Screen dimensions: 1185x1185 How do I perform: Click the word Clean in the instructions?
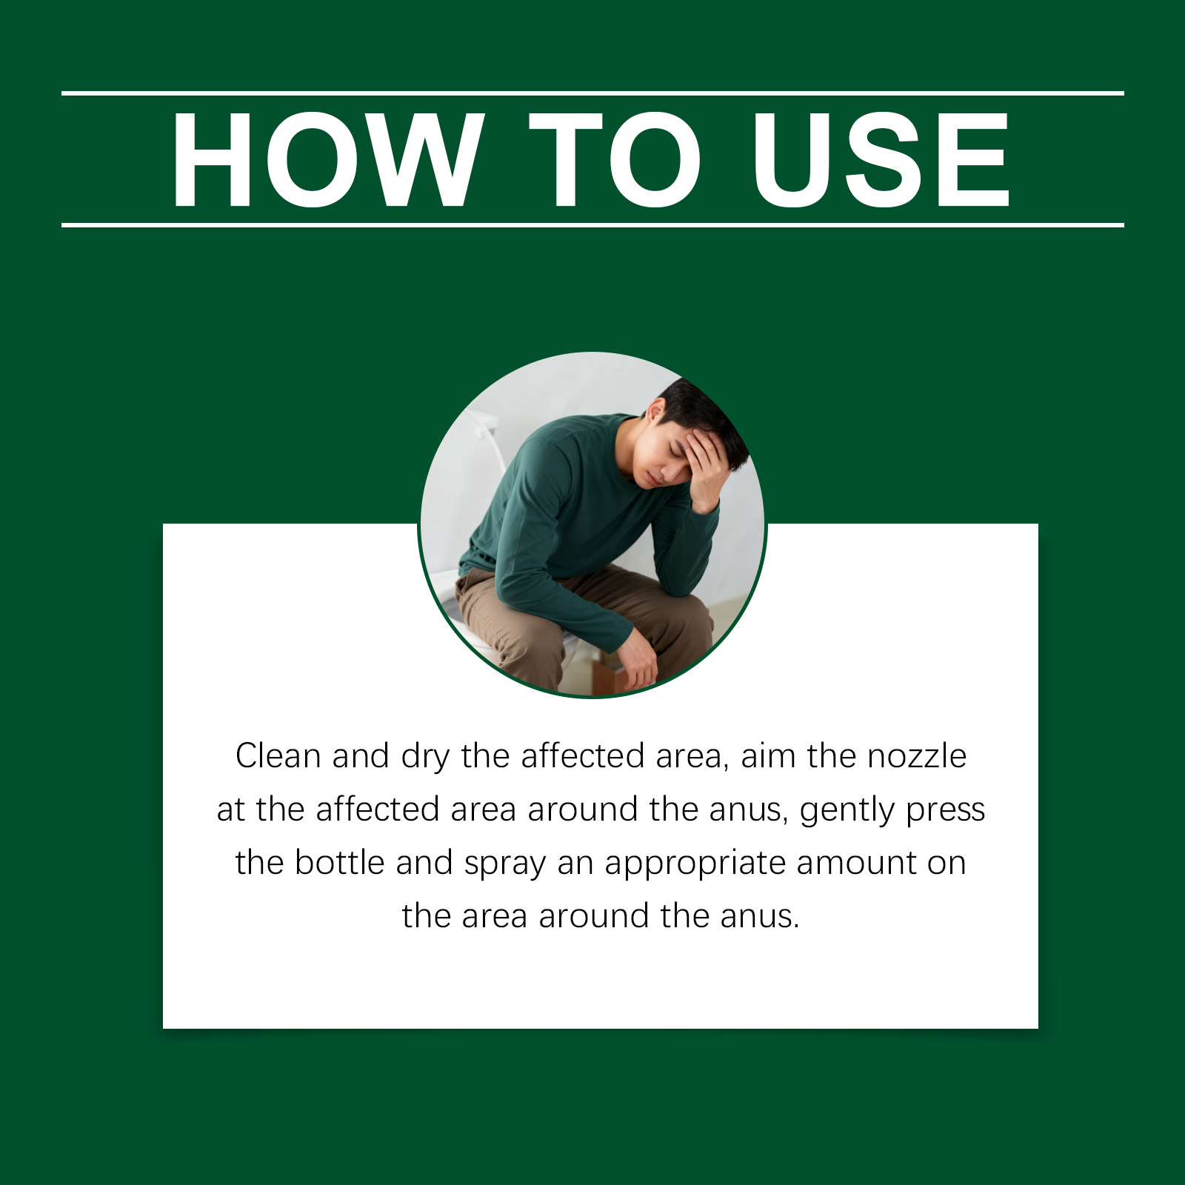pyautogui.click(x=278, y=756)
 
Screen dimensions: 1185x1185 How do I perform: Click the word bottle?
pyautogui.click(x=339, y=863)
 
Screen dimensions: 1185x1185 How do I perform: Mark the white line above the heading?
pyautogui.click(x=592, y=93)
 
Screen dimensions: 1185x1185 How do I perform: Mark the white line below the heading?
pyautogui.click(x=592, y=224)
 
